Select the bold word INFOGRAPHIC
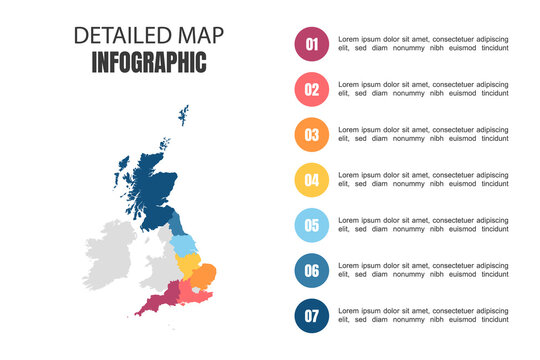pos(149,63)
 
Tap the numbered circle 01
pos(312,44)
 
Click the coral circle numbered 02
pos(312,90)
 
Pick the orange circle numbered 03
pos(312,135)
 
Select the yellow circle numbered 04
pos(312,181)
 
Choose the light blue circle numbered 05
pos(312,226)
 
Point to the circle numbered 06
pos(312,271)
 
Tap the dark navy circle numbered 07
pos(312,317)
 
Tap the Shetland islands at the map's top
pos(184,115)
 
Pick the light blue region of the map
pos(184,245)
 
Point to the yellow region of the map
pos(187,266)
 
